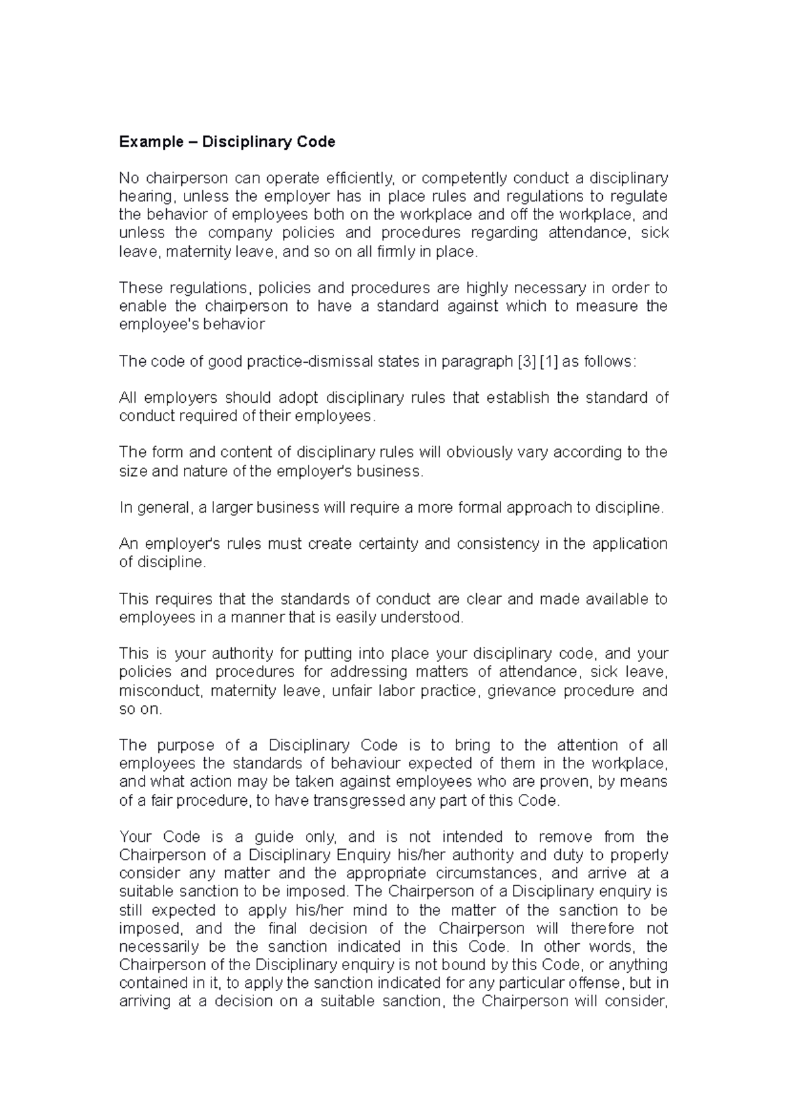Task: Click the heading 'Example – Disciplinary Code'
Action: [x=227, y=142]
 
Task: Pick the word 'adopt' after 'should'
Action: [x=297, y=398]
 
